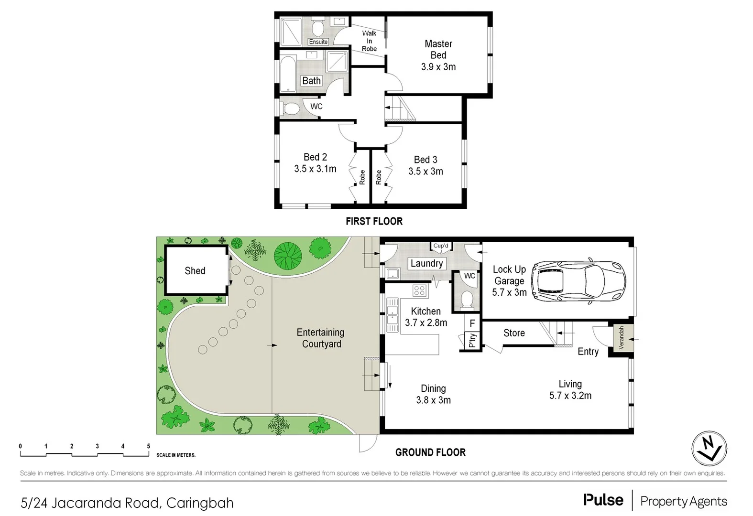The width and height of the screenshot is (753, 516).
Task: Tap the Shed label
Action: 195,271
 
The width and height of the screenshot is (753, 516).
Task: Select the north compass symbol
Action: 709,449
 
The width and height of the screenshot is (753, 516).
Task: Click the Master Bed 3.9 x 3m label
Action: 438,55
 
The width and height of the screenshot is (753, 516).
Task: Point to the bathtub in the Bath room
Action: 288,75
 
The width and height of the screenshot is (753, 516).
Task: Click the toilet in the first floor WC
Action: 291,108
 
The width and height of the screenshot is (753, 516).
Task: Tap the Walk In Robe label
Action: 369,41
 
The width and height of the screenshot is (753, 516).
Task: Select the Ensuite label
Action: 318,42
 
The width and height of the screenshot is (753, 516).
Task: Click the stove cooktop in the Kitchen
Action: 419,290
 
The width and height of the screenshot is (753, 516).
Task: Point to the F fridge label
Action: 472,323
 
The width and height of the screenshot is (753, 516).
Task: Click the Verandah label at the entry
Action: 622,338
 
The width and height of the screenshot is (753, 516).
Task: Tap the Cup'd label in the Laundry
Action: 441,246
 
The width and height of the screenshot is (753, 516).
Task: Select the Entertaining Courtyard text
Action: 321,338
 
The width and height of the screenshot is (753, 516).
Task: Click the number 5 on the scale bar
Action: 149,446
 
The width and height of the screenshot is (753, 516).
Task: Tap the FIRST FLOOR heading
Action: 374,221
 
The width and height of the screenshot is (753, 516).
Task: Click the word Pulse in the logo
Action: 603,500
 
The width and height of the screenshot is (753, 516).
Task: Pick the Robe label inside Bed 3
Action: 379,177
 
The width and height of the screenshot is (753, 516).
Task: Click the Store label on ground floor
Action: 514,333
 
